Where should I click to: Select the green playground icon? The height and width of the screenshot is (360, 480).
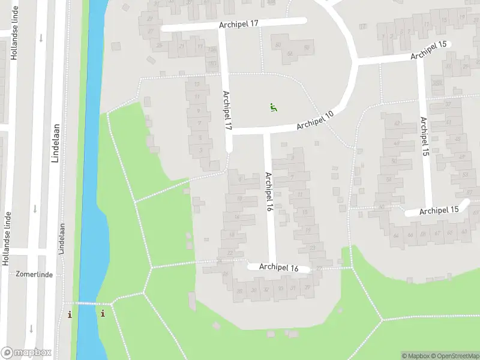274,108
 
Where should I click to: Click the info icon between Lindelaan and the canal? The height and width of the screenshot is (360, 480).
70,314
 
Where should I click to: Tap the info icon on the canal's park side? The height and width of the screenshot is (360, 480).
103,313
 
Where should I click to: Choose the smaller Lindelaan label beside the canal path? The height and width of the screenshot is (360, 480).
62,239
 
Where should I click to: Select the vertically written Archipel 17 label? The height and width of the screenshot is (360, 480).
227,111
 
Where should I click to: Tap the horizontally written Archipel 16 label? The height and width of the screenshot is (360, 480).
279,268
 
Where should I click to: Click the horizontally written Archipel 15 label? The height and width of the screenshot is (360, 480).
439,210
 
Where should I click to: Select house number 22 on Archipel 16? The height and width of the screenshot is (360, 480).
230,253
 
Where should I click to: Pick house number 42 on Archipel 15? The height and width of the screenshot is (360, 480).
397,123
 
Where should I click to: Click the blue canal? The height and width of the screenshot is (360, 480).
90,180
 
